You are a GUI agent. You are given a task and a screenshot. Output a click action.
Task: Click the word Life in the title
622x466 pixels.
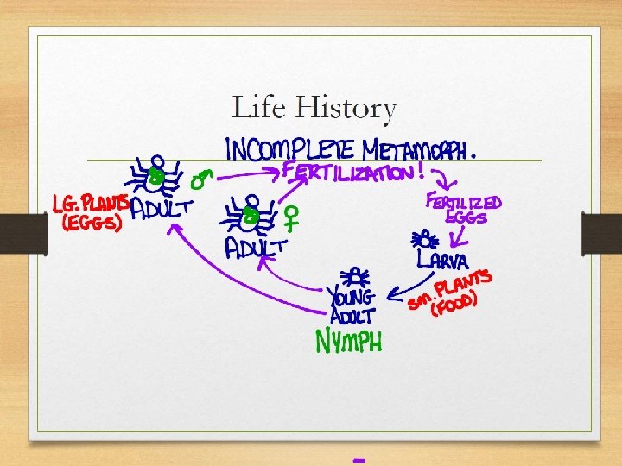coord(259,109)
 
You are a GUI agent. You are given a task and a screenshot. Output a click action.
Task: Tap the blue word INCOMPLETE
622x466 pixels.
coord(284,148)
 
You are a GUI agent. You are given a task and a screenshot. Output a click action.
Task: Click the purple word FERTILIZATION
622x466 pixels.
coord(349,173)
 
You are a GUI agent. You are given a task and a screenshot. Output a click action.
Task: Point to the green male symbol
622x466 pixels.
coord(201,179)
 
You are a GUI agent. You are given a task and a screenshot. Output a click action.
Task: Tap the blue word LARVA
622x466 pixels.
coord(443,260)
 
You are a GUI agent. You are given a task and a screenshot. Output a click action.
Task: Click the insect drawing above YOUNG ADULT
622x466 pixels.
coord(355,276)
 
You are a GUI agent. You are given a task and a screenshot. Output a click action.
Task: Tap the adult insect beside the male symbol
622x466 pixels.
coord(156,176)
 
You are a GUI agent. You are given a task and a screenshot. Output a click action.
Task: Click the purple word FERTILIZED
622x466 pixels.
coord(463,204)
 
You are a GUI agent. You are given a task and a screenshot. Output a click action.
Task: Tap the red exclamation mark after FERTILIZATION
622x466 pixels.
coord(421,171)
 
